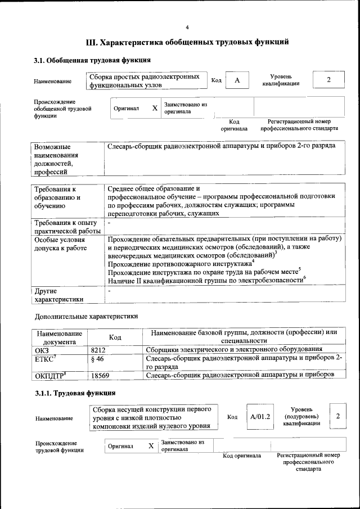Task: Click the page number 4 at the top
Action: (187, 28)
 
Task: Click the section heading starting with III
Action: (187, 42)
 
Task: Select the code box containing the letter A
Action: (237, 80)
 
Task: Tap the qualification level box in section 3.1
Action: (328, 80)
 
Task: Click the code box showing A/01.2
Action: (260, 417)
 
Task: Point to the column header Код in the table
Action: (115, 337)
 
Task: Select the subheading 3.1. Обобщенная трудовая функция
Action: (92, 60)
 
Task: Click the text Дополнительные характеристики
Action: (86, 317)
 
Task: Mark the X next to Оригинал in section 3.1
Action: (154, 109)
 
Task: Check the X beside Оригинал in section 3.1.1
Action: (151, 446)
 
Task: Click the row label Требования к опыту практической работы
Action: (66, 227)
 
